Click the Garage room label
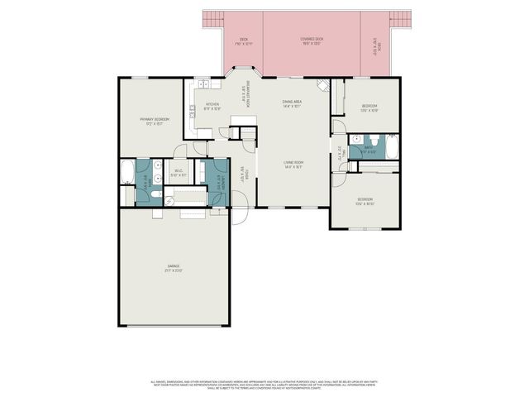pyautogui.click(x=174, y=267)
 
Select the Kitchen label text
pyautogui.click(x=212, y=106)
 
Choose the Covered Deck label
pyautogui.click(x=312, y=41)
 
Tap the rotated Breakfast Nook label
pyautogui.click(x=243, y=96)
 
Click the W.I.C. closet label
pyautogui.click(x=179, y=174)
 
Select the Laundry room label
pyautogui.click(x=218, y=184)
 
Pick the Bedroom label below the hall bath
pyautogui.click(x=365, y=201)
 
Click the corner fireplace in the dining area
pyautogui.click(x=323, y=86)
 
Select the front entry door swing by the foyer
pyautogui.click(x=238, y=204)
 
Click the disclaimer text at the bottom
pyautogui.click(x=264, y=384)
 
